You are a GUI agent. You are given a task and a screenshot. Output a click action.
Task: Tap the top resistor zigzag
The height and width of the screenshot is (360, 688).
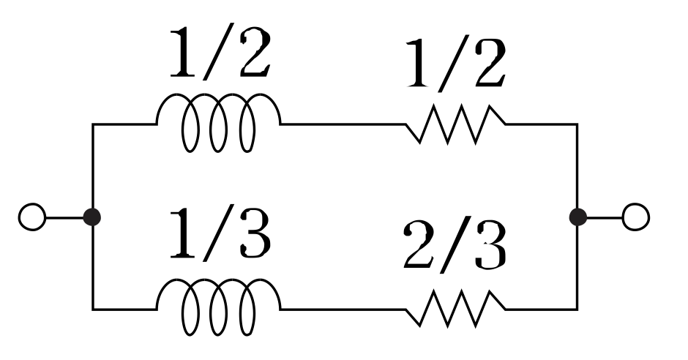455,124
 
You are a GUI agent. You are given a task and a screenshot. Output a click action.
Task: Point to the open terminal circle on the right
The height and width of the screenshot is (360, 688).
635,217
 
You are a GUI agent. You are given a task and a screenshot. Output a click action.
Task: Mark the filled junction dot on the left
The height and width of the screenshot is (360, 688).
92,217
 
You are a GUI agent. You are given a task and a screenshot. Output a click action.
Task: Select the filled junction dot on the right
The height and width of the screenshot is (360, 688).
577,217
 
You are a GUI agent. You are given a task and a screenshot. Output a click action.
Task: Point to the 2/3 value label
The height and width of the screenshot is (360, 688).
455,247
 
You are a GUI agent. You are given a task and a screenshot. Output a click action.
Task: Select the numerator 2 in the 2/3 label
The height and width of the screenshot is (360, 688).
418,247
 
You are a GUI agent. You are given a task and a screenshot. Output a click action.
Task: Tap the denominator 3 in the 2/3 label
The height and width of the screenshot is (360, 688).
489,247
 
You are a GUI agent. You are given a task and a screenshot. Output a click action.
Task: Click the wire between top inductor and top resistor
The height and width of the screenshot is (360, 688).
343,124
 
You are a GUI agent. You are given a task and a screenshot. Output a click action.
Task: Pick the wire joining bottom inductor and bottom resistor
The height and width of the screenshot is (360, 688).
343,309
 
